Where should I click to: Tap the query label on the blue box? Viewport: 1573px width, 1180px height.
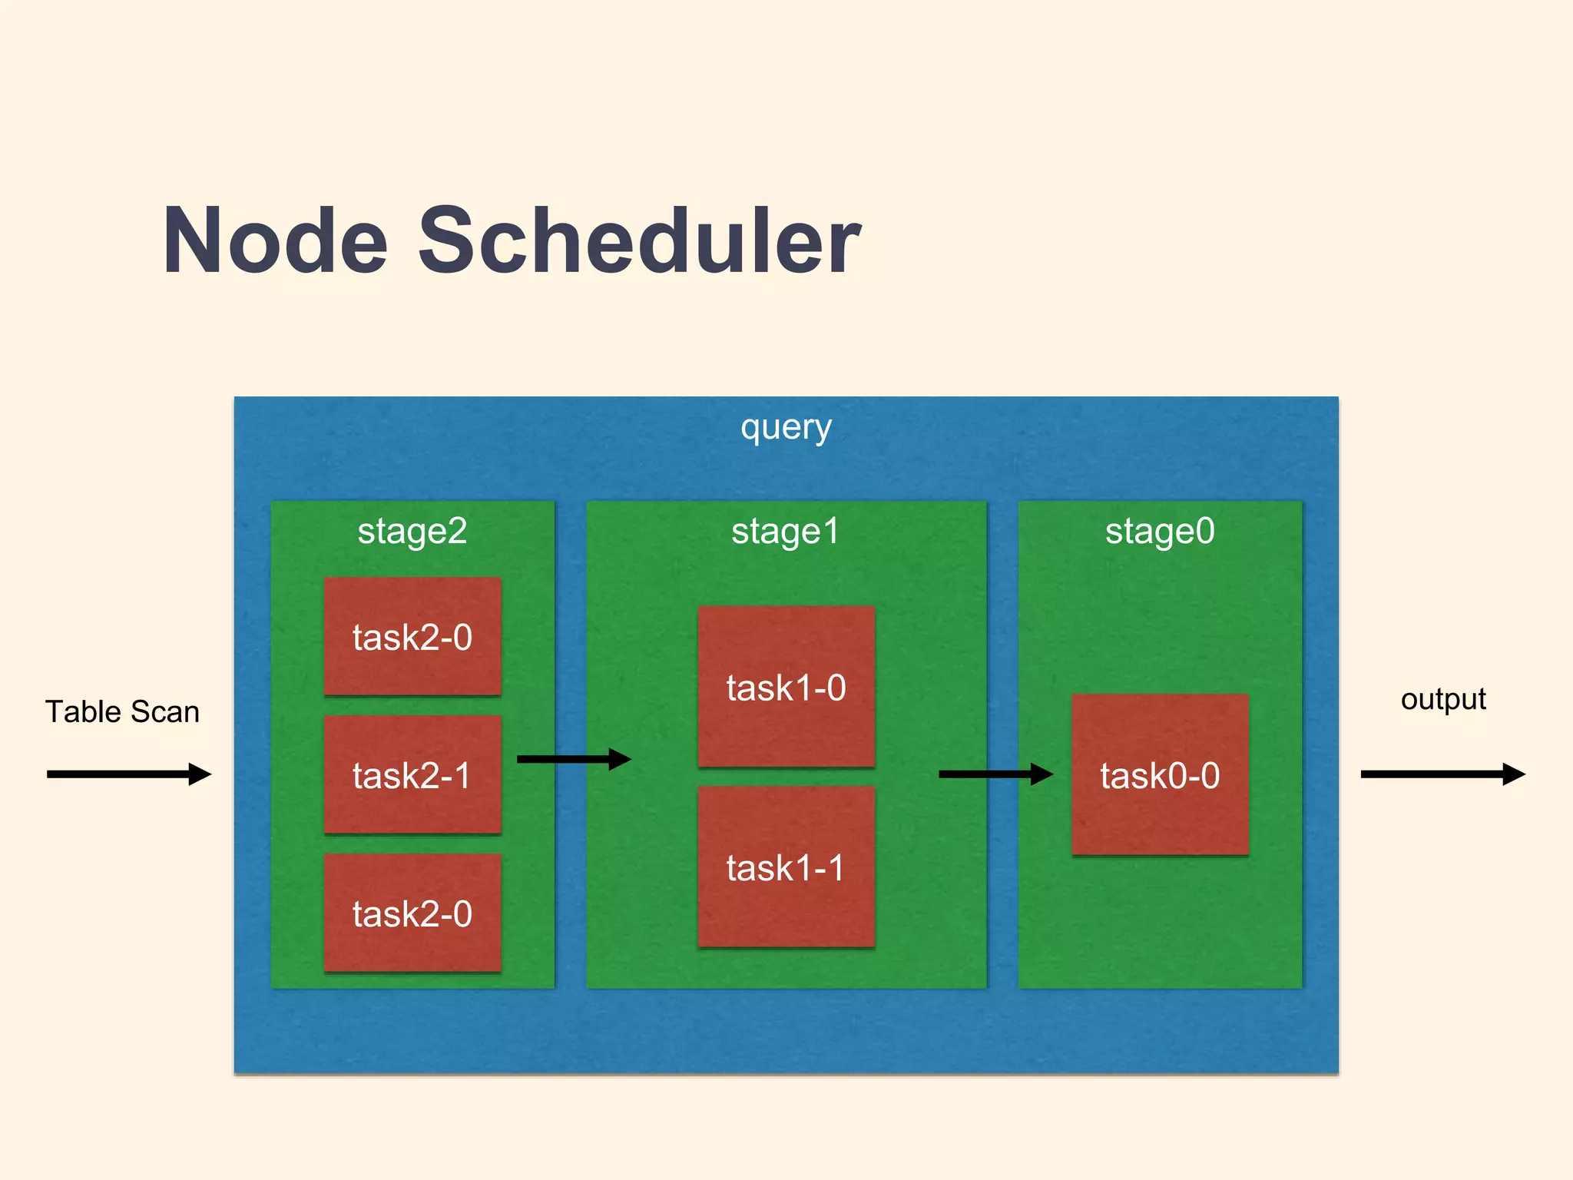click(x=786, y=428)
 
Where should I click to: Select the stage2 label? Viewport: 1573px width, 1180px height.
click(x=412, y=532)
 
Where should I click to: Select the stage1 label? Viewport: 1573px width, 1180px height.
click(x=786, y=532)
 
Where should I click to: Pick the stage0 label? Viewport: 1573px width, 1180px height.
click(x=1160, y=532)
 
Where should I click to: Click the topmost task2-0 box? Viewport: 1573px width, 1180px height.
click(x=412, y=637)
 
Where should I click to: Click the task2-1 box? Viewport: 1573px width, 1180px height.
click(x=412, y=775)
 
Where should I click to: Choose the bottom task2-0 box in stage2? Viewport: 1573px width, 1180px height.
click(x=412, y=913)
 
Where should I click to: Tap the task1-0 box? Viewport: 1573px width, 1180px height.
click(x=786, y=687)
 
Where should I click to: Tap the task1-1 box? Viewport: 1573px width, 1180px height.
click(x=786, y=867)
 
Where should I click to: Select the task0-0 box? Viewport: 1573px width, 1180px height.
click(x=1160, y=775)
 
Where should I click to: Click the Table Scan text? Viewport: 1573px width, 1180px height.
click(x=122, y=712)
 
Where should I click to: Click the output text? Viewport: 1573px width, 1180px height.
click(x=1443, y=700)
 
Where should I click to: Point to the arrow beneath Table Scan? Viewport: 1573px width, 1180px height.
click(x=128, y=774)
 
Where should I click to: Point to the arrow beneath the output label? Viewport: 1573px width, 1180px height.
click(x=1442, y=774)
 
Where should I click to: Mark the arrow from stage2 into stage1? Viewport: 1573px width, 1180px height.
click(x=574, y=759)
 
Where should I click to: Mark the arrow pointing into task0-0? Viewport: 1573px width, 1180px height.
click(x=995, y=774)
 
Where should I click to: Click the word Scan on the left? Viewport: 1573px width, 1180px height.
click(x=165, y=712)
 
